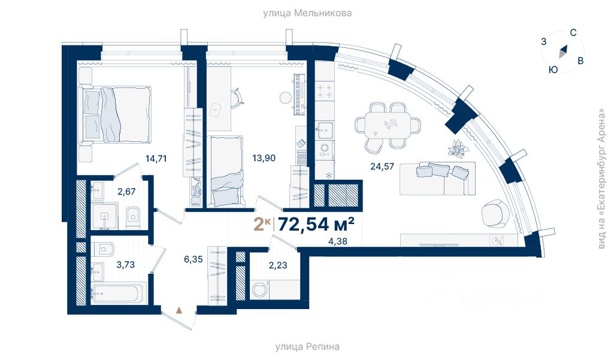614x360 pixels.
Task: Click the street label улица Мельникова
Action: click(x=307, y=13)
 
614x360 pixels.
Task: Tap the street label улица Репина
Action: click(x=307, y=347)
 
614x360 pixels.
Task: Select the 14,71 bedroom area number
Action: click(x=156, y=159)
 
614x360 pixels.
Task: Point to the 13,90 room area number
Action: click(x=264, y=158)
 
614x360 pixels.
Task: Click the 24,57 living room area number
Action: click(x=382, y=167)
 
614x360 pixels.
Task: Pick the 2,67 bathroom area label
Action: click(x=126, y=192)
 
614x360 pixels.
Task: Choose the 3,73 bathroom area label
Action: click(x=125, y=265)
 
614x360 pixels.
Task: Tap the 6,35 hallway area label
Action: click(x=193, y=259)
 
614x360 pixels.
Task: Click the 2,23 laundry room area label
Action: click(x=278, y=265)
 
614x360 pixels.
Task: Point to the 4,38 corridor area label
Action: click(x=337, y=241)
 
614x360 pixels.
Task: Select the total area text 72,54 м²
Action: click(x=316, y=225)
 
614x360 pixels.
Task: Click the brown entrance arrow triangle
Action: click(x=179, y=310)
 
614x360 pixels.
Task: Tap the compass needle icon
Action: click(x=562, y=52)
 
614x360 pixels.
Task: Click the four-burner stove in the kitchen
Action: click(x=325, y=91)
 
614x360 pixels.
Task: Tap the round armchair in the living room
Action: click(x=495, y=213)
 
